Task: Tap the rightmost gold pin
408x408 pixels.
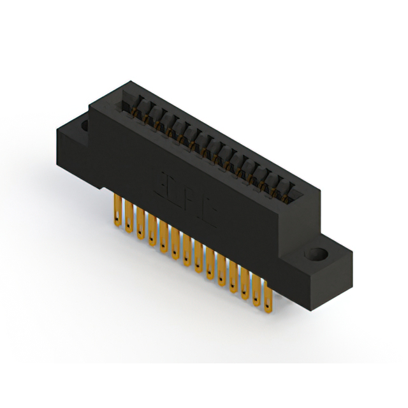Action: coord(268,299)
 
